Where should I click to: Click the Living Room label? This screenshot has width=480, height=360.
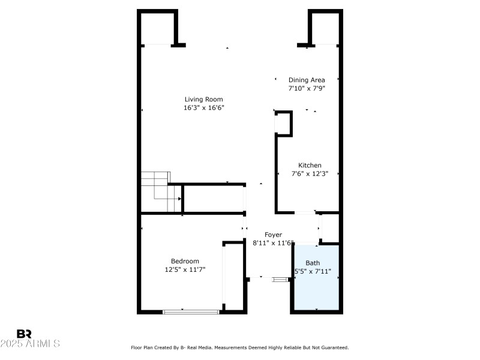click(x=203, y=100)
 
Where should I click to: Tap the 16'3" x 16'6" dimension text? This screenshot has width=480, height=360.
click(x=203, y=108)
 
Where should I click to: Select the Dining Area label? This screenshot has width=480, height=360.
click(x=307, y=80)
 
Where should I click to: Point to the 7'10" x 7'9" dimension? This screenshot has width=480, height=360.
click(x=307, y=88)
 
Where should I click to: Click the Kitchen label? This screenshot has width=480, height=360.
click(x=310, y=166)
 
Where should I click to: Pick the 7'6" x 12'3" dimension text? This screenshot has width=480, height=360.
click(x=310, y=174)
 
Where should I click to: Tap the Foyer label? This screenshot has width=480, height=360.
click(x=272, y=235)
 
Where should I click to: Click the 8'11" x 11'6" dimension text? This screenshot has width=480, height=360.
click(x=272, y=243)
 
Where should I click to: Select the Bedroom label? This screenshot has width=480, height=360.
click(x=185, y=261)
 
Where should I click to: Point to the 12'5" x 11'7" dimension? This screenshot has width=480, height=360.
click(x=185, y=270)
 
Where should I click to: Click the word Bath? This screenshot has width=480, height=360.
click(x=313, y=263)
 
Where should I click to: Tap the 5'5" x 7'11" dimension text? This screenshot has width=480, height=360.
click(x=313, y=271)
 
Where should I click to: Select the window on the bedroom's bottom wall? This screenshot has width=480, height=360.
click(x=191, y=311)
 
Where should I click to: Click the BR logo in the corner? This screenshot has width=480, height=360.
click(x=24, y=334)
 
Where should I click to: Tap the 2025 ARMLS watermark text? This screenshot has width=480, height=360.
click(x=30, y=344)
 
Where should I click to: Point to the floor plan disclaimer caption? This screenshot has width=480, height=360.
click(x=239, y=347)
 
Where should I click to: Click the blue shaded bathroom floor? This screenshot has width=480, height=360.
click(x=317, y=291)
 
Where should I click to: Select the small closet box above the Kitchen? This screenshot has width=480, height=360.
click(x=283, y=123)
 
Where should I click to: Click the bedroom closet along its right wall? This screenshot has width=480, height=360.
click(x=233, y=276)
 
